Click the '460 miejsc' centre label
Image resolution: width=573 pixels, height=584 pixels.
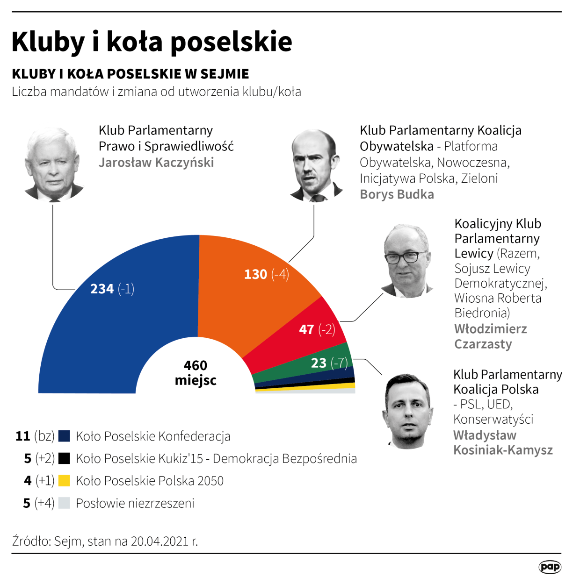coord(196,372)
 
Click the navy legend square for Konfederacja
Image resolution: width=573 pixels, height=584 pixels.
coord(64,436)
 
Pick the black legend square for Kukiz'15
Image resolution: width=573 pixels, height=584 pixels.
coord(64,458)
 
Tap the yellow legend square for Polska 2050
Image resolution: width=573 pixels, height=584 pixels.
coord(64,480)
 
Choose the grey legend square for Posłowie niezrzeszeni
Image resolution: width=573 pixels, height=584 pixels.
coord(64,503)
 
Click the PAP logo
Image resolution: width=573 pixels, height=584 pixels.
coord(550,567)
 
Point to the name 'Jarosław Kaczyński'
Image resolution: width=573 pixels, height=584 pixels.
coord(156,163)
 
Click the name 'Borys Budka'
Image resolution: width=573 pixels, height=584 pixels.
coord(397,194)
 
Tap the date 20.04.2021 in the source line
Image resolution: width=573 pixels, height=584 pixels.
coord(160,541)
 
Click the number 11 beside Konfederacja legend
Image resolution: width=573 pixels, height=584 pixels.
coord(23,436)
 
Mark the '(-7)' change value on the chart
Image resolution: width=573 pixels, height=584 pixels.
coord(339,363)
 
